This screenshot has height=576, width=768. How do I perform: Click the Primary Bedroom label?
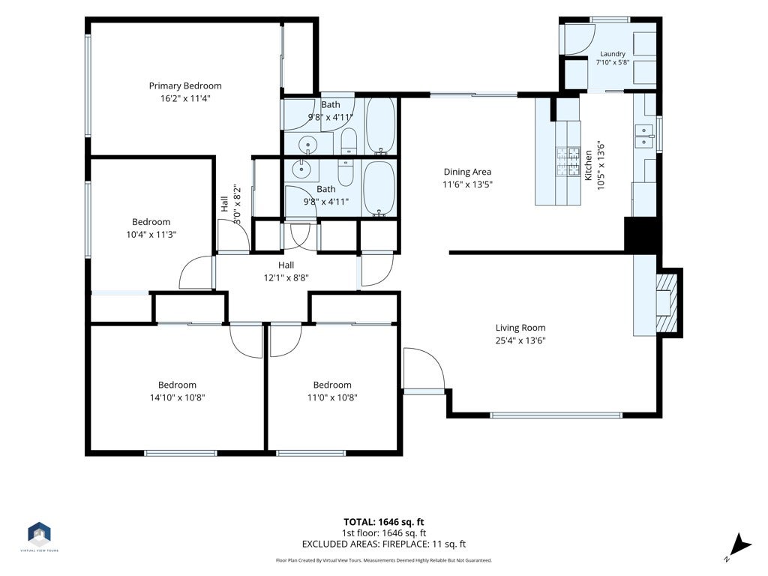click(x=185, y=85)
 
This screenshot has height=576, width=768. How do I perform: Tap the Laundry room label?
click(x=612, y=54)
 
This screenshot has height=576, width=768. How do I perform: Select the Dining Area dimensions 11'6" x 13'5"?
click(x=467, y=184)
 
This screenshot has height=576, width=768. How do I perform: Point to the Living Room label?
click(x=520, y=328)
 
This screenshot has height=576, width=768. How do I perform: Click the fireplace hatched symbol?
click(x=667, y=302)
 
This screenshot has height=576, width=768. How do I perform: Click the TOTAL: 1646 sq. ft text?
click(x=383, y=522)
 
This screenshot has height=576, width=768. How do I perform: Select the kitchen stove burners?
click(x=568, y=161)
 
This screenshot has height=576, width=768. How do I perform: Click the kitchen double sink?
click(x=644, y=136)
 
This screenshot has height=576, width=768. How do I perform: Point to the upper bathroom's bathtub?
click(x=380, y=125)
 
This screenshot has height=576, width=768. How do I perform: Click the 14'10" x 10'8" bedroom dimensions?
click(x=177, y=397)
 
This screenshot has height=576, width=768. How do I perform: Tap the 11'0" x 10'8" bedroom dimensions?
click(x=332, y=397)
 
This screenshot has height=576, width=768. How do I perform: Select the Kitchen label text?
click(x=588, y=165)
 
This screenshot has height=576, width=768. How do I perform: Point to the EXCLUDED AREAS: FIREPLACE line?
click(x=383, y=544)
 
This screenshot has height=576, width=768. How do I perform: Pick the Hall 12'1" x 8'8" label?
click(x=286, y=271)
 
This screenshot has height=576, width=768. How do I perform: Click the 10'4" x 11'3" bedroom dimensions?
click(x=151, y=235)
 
